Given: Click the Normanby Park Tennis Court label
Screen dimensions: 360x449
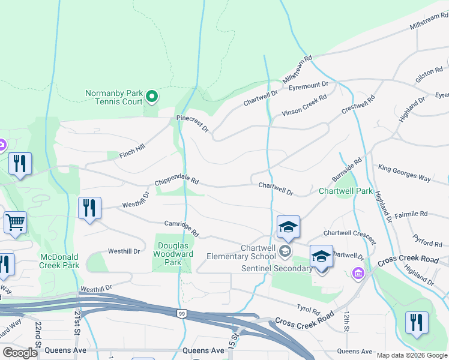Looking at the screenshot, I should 113,97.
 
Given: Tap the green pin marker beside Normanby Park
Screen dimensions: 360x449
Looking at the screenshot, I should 152,96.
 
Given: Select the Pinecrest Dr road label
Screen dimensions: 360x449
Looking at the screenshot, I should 191,124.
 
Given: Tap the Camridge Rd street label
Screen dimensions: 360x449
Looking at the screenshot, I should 181,227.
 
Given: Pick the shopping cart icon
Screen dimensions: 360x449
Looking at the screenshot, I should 15,222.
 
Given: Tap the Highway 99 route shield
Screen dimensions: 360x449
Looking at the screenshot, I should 181,313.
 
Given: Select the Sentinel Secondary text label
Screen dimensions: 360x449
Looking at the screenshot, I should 277,268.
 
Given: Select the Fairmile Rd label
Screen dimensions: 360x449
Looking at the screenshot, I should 411,214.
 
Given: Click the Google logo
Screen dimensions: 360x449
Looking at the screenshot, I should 20,353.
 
